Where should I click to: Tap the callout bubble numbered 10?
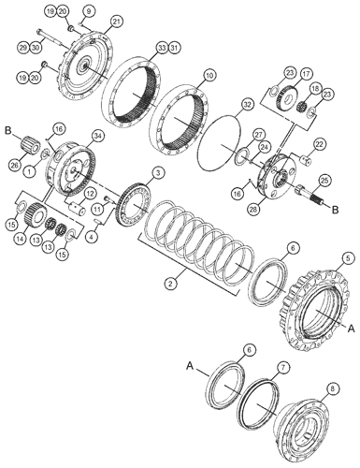(209, 76)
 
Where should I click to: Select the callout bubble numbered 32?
(247, 105)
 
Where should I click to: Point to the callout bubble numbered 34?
(98, 136)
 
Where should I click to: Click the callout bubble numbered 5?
(349, 258)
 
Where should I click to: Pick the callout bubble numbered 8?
(333, 388)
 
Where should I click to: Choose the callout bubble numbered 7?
(281, 368)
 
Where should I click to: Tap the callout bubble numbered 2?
(170, 284)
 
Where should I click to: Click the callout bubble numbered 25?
(324, 182)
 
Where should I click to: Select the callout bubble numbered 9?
(89, 11)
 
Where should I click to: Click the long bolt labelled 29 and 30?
(50, 37)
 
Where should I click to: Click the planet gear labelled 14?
(36, 215)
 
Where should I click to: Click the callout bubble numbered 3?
(158, 173)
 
